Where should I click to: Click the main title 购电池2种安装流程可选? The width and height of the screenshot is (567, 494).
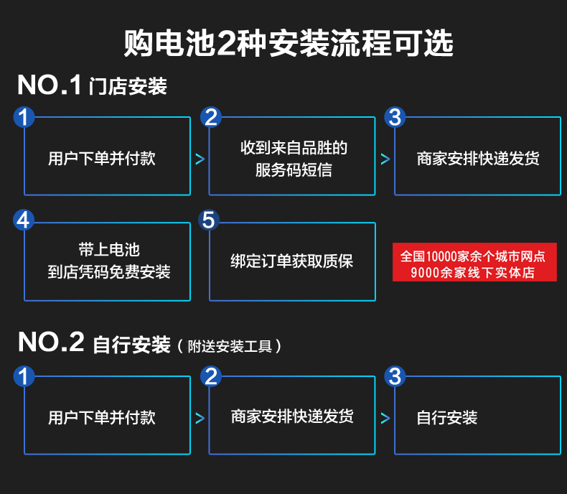pyautogui.click(x=289, y=43)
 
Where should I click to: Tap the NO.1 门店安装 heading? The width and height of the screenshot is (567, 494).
pyautogui.click(x=93, y=86)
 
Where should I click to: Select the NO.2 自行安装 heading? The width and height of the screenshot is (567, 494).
pyautogui.click(x=94, y=342)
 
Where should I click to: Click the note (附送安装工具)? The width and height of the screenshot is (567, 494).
pyautogui.click(x=229, y=346)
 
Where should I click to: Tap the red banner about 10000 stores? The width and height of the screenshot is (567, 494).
pyautogui.click(x=474, y=263)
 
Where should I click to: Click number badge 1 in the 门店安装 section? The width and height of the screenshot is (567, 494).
pyautogui.click(x=24, y=117)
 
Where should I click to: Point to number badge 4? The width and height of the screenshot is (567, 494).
pyautogui.click(x=24, y=220)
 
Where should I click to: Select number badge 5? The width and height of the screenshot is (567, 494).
pyautogui.click(x=209, y=220)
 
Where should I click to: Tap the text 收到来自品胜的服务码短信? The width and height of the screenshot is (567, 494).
pyautogui.click(x=293, y=159)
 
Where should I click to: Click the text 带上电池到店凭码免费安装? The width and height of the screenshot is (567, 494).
pyautogui.click(x=109, y=261)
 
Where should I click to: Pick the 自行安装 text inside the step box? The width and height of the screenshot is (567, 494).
pyautogui.click(x=447, y=418)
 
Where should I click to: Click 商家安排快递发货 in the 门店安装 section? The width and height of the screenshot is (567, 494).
pyautogui.click(x=478, y=158)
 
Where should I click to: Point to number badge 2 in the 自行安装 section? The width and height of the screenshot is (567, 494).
pyautogui.click(x=210, y=376)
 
